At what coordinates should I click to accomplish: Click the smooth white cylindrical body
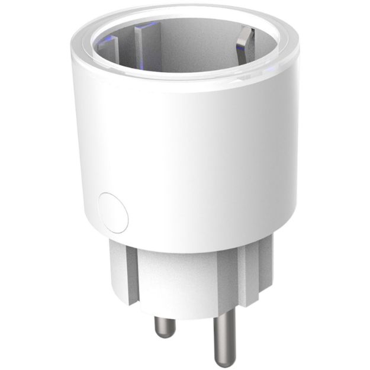pos(189,154)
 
